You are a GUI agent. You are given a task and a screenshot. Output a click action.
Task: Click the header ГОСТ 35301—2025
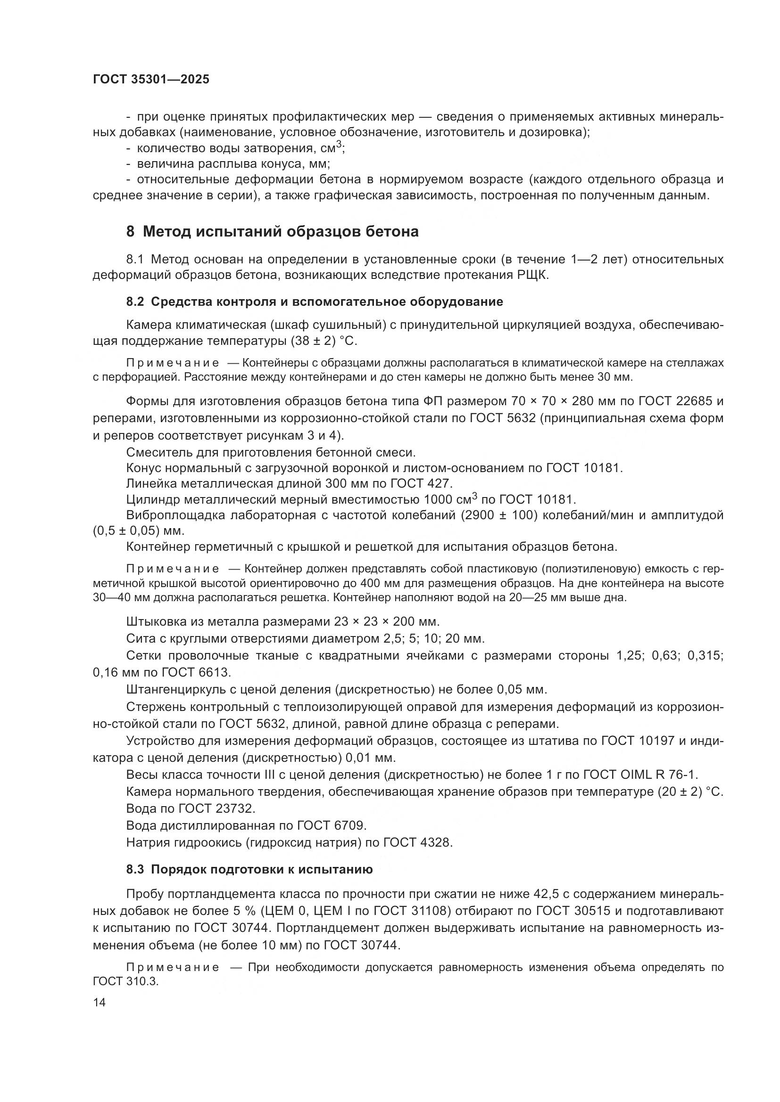[x=151, y=80]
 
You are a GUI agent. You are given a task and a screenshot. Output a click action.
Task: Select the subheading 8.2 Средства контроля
[x=315, y=302]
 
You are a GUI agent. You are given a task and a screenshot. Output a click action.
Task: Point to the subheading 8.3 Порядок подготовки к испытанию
[x=249, y=869]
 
